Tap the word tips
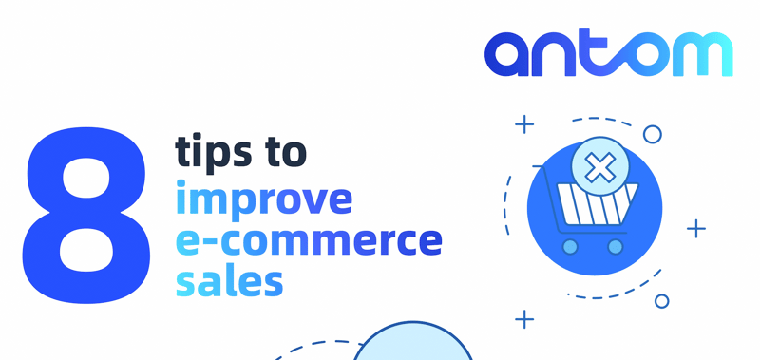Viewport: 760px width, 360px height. tap(214, 152)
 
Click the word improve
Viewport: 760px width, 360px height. tap(264, 199)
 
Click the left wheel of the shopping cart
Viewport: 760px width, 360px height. tap(570, 247)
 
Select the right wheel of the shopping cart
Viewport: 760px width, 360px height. tap(615, 247)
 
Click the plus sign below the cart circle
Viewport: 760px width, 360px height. tap(524, 319)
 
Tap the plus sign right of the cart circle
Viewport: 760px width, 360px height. tap(696, 228)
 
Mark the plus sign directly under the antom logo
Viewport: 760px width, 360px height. tap(524, 124)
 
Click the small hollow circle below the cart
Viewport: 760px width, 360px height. tap(662, 301)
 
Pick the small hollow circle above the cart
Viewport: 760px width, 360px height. tap(653, 134)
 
